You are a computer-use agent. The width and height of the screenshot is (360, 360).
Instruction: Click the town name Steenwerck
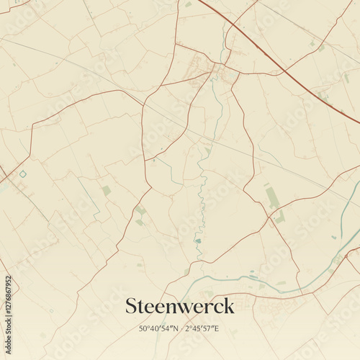tap(180, 306)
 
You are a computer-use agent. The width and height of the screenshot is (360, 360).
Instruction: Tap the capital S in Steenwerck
tap(132, 306)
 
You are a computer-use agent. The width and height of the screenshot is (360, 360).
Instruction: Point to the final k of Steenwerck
tap(229, 305)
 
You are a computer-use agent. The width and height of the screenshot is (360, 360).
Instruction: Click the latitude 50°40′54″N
tap(159, 329)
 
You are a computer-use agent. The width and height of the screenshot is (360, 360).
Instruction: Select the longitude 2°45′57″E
tap(202, 329)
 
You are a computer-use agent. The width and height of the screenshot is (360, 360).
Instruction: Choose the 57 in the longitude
tap(208, 329)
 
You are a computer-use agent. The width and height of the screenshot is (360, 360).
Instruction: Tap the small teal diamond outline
tap(23, 174)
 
